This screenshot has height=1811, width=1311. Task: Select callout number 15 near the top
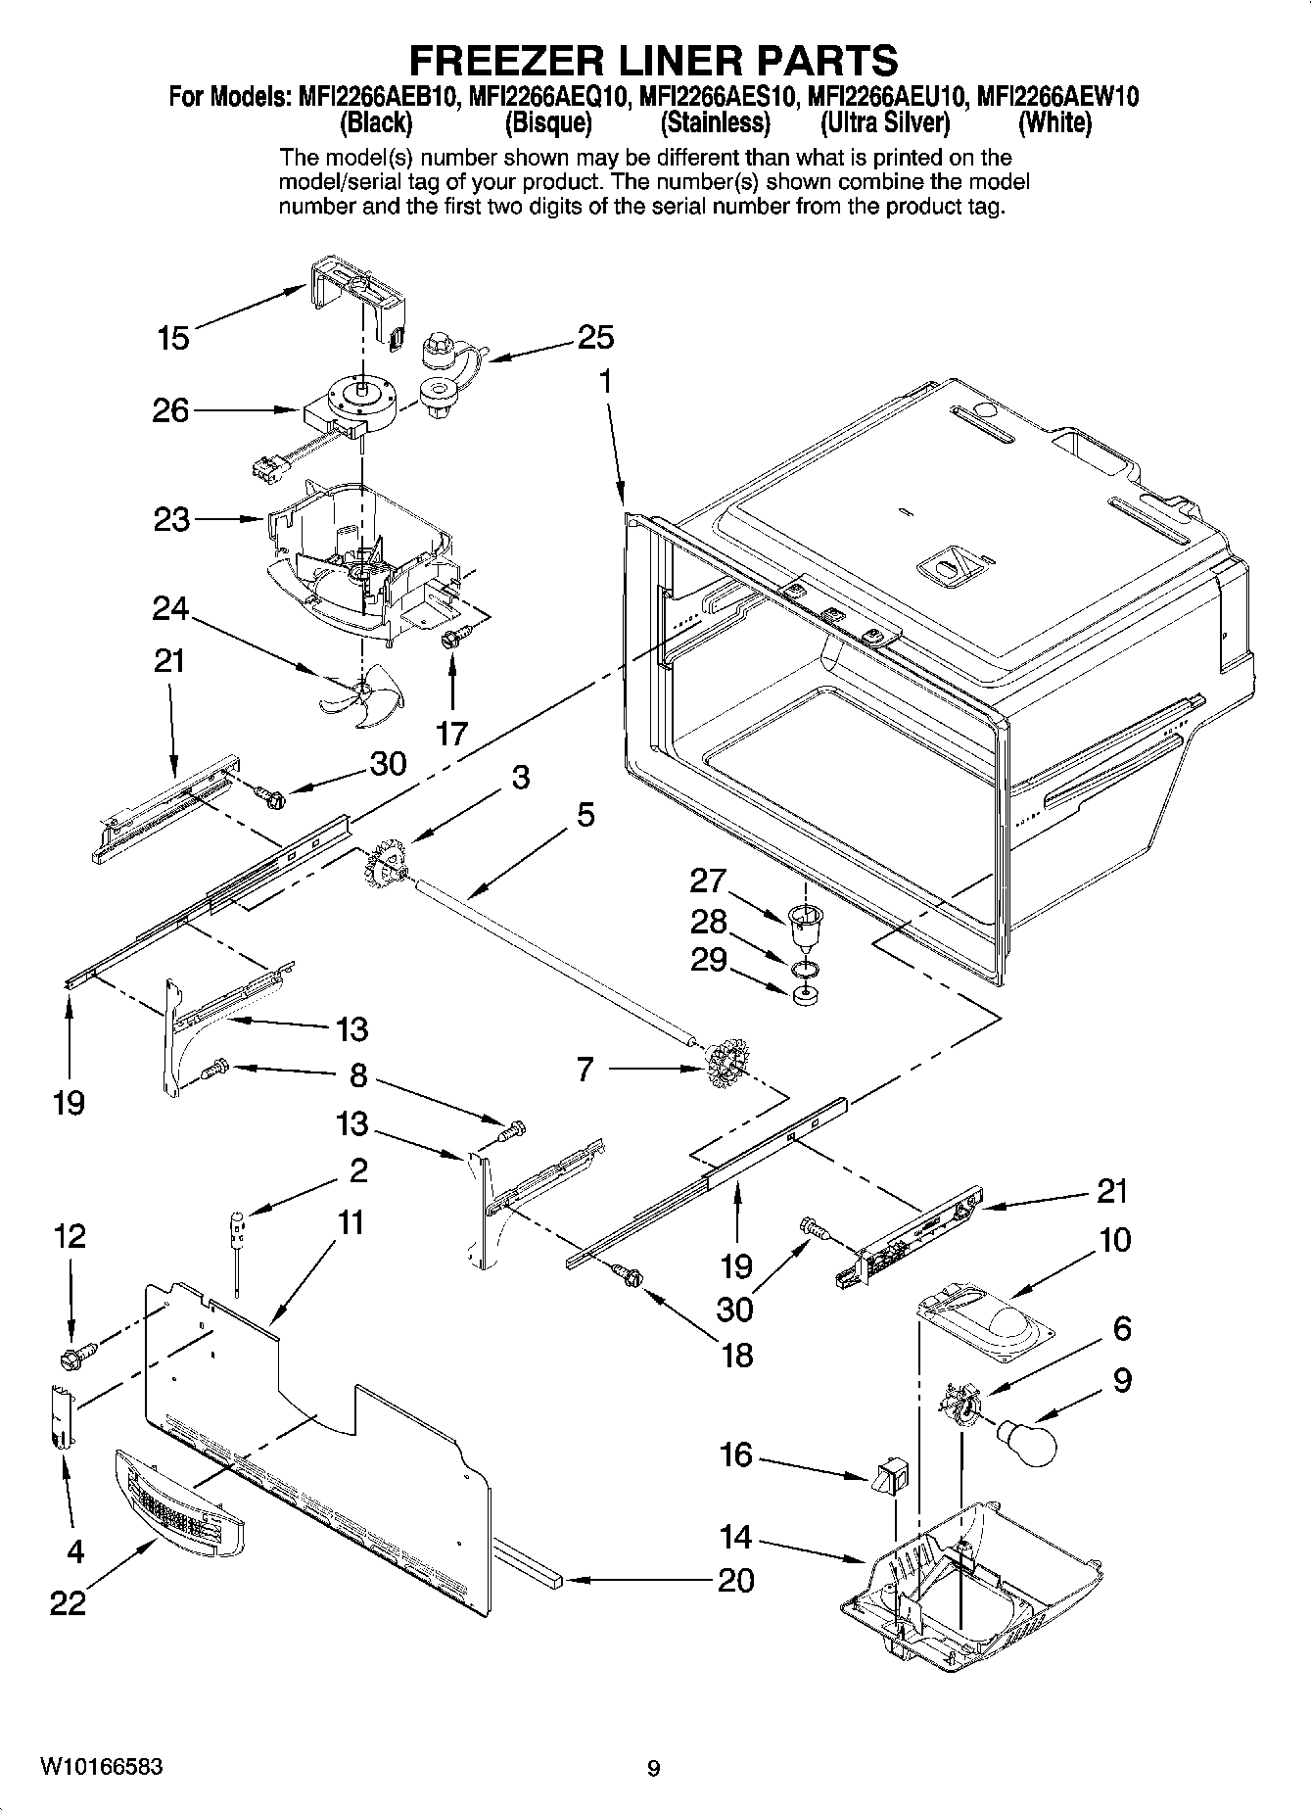173,339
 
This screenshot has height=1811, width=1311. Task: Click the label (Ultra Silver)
885,123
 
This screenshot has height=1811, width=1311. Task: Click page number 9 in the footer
654,1769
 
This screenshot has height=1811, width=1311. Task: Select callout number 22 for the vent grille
68,1603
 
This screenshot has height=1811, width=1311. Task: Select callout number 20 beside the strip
735,1580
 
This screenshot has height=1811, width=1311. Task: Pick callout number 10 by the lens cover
1114,1240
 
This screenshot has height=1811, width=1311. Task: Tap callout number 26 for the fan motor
170,410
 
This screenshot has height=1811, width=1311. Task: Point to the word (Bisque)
548,123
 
